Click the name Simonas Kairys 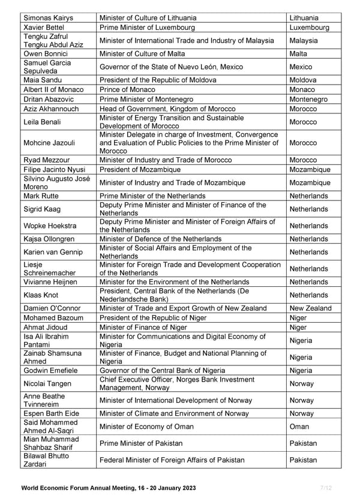48,18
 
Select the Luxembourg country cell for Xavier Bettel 309,28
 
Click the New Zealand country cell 310,308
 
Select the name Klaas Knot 42,295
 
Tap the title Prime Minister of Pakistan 141,443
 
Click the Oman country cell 299,427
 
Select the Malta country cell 298,53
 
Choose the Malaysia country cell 304,41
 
